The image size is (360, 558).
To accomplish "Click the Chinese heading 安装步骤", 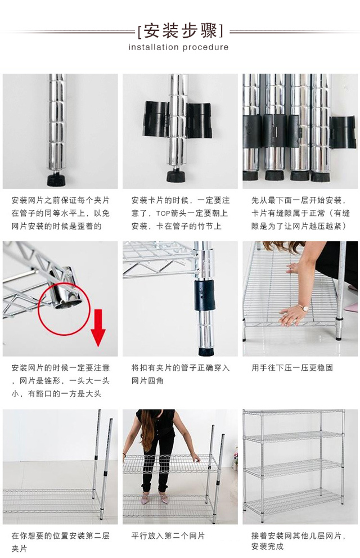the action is point(181,31).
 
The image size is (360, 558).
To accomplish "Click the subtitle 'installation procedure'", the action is point(178,47).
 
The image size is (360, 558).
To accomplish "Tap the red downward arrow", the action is point(98,328).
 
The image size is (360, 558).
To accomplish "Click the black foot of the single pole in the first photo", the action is point(57,179).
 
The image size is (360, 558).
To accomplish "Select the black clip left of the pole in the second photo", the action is point(156,119).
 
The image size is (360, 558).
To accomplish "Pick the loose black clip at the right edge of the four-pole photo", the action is point(343,132).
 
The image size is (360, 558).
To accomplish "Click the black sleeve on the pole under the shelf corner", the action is point(205,294).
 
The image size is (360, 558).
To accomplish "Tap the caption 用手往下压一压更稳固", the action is point(292,368).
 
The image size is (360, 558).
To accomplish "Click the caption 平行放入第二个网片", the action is point(168,535).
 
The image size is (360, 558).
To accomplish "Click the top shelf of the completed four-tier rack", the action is point(294,412).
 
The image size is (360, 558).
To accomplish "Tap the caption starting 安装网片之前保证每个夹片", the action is point(61,213).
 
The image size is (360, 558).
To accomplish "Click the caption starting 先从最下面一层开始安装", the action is point(300,213).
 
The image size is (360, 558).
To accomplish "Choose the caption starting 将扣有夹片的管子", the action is point(181,374).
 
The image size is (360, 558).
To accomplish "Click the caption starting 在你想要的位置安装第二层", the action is point(61,542).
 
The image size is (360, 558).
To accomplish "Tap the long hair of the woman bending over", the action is point(147,431).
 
